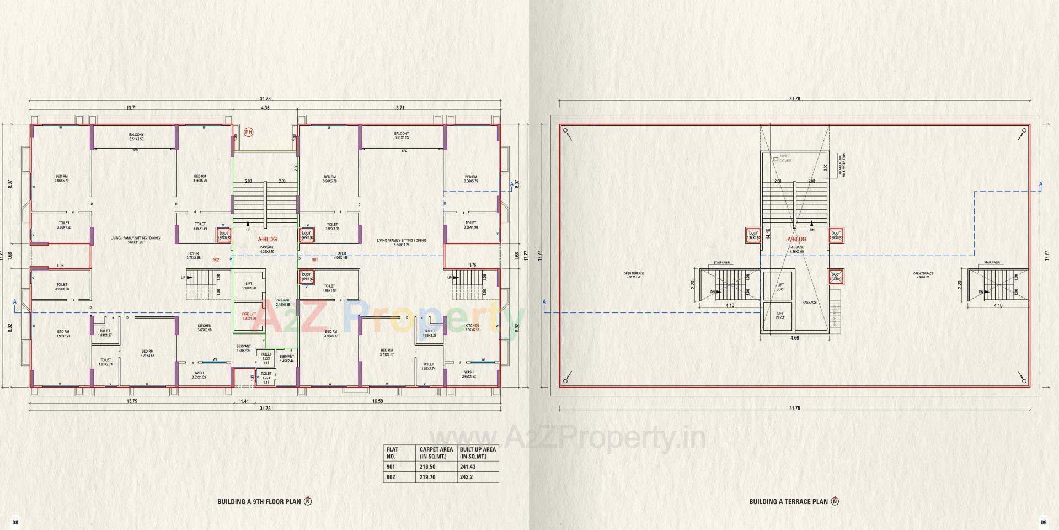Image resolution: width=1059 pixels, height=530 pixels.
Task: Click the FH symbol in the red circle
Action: pos(249,132)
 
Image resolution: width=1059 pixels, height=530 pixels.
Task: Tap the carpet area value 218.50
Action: pos(427,467)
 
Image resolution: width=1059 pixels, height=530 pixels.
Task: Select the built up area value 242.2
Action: pos(467,477)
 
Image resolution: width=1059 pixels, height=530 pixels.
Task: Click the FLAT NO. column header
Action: pos(392,453)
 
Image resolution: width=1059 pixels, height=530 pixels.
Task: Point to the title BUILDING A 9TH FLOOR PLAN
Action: pos(259,502)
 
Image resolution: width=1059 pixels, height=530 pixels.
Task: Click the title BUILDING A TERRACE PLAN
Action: pos(788,502)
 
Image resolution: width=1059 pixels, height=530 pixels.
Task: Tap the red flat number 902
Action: pos(216,259)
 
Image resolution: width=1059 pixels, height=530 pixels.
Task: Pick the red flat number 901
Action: pos(315,259)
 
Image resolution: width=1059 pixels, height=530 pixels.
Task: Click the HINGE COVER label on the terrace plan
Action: pos(785,158)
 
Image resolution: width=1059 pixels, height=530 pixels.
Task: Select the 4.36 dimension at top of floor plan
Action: pos(265,108)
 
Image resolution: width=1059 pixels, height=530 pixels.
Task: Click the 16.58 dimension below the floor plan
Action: pos(377,401)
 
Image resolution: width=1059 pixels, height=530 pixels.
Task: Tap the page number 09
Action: pos(1043,522)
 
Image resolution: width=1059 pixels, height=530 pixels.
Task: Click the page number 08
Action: pos(15,522)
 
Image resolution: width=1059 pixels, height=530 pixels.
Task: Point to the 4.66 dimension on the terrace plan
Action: pos(795,338)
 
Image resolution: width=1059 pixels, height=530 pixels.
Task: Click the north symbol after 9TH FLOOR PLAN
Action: pos(308,501)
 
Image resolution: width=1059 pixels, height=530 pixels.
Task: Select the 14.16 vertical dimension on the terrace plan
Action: pos(768,234)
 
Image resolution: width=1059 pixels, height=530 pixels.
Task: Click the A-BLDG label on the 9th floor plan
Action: pos(268,239)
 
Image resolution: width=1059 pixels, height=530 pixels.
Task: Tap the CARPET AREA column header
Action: pos(436,453)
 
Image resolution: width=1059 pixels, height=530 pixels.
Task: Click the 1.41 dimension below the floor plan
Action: pos(245,401)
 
